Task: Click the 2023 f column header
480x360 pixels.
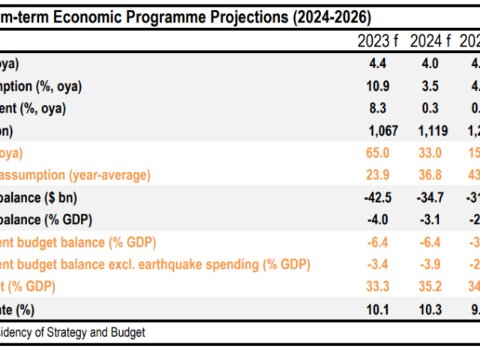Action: click(379, 40)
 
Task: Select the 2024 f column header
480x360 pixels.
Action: click(430, 40)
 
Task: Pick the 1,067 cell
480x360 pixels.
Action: click(381, 131)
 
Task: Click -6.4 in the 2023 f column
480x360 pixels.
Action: click(379, 242)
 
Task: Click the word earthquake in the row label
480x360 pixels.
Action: click(178, 265)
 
